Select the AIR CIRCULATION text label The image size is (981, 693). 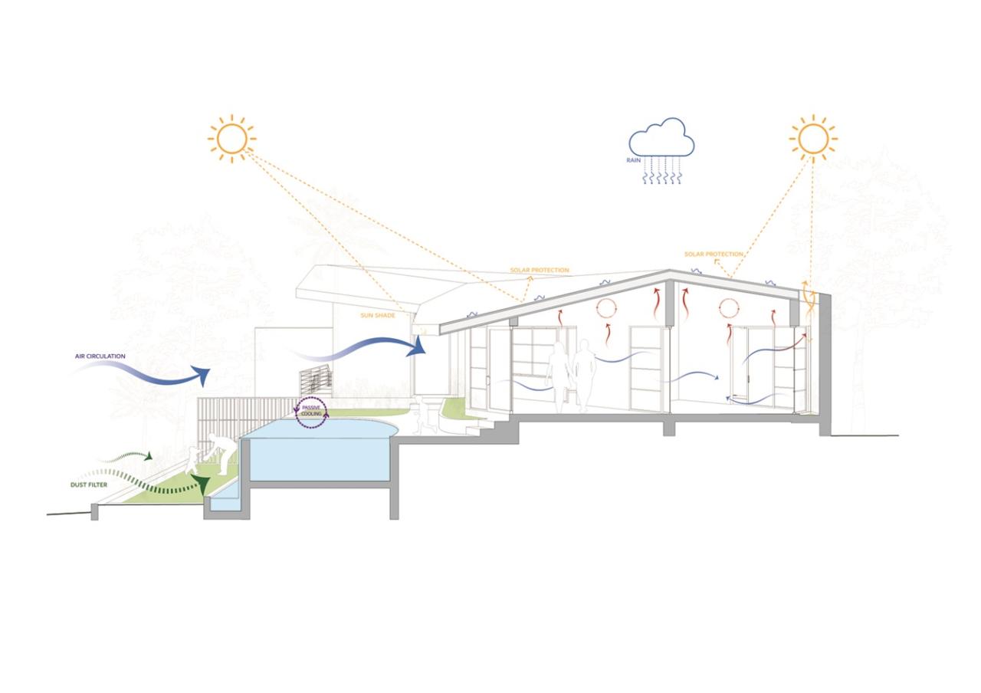click(x=100, y=356)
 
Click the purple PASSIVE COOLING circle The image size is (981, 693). click(x=311, y=412)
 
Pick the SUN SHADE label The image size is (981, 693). click(x=377, y=315)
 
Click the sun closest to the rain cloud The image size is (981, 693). click(x=812, y=139)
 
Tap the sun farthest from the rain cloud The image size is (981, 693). click(x=231, y=139)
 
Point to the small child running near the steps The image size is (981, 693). click(x=422, y=415)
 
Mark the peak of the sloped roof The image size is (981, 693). click(x=670, y=271)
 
